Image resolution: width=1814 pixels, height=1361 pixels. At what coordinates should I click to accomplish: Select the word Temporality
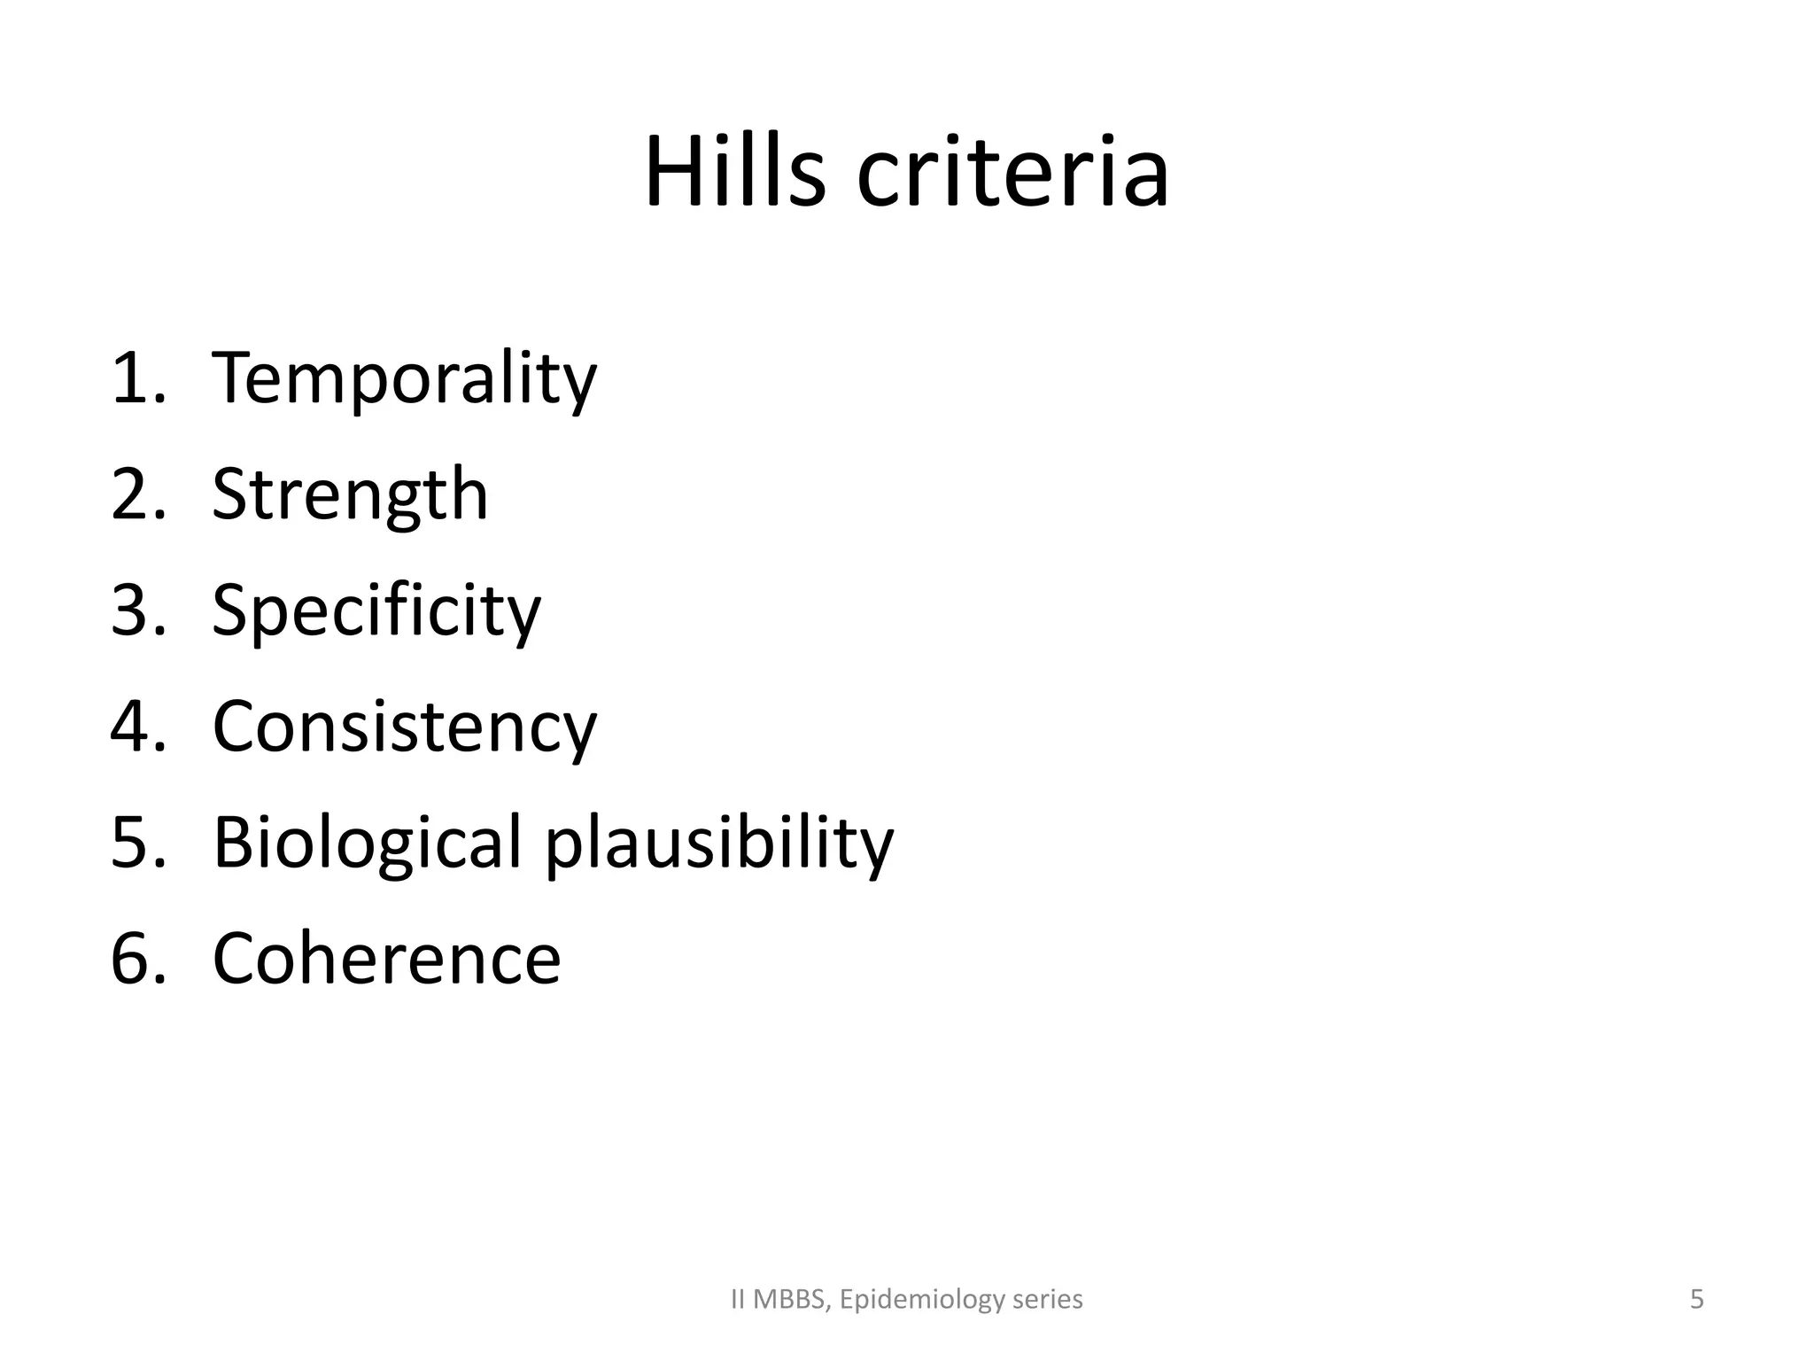click(x=404, y=379)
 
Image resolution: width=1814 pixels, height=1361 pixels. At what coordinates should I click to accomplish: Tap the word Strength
click(x=350, y=495)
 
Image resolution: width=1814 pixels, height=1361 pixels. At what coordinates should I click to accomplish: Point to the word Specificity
click(x=376, y=611)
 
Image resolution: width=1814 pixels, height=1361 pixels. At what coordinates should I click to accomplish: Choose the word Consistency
click(x=404, y=727)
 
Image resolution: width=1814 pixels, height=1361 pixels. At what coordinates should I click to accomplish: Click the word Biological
click(x=367, y=844)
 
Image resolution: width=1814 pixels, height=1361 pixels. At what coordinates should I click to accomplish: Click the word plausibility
click(x=718, y=844)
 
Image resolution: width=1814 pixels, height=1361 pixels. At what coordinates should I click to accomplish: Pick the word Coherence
click(x=386, y=960)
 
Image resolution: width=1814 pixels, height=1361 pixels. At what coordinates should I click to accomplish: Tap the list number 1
click(x=133, y=379)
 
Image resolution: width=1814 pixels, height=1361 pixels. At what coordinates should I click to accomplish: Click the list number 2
click(x=133, y=495)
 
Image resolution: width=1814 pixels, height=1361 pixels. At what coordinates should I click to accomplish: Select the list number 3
click(x=133, y=611)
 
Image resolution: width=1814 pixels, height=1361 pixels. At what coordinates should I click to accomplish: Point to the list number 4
click(x=133, y=727)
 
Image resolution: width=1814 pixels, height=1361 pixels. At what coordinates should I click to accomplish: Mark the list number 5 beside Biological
click(x=133, y=844)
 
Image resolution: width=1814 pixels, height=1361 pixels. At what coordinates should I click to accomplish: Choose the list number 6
click(x=133, y=960)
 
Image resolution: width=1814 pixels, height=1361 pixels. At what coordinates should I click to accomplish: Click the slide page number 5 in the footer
click(x=1696, y=1299)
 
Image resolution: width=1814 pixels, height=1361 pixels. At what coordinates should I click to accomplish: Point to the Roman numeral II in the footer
click(x=738, y=1300)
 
